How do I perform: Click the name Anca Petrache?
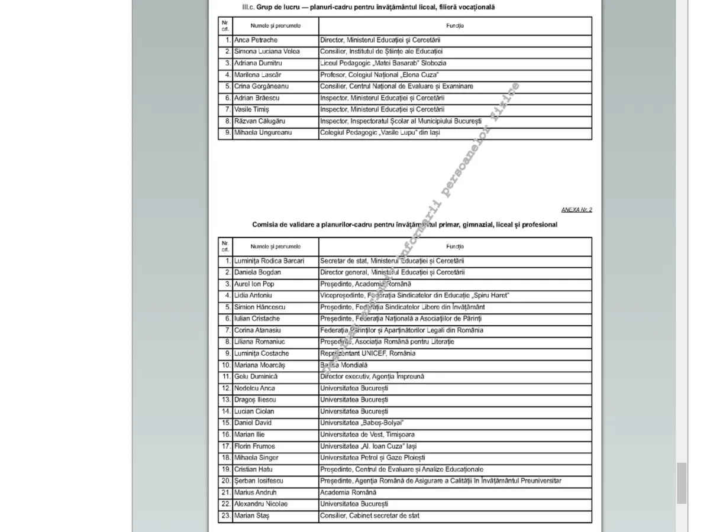255,40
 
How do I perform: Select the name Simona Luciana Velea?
267,51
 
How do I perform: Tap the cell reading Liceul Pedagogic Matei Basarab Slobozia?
383,63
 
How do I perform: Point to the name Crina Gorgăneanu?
262,86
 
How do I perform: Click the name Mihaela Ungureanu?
263,132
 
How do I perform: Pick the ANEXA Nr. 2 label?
576,210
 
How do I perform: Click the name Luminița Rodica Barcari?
269,261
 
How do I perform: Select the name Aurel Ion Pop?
254,284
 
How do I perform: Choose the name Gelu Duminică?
256,377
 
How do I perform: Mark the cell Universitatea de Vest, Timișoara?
367,434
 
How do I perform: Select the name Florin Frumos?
254,446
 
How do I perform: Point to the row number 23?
225,515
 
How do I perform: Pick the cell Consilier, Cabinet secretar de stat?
370,515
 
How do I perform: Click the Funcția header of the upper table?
455,26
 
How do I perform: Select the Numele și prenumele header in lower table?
275,246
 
